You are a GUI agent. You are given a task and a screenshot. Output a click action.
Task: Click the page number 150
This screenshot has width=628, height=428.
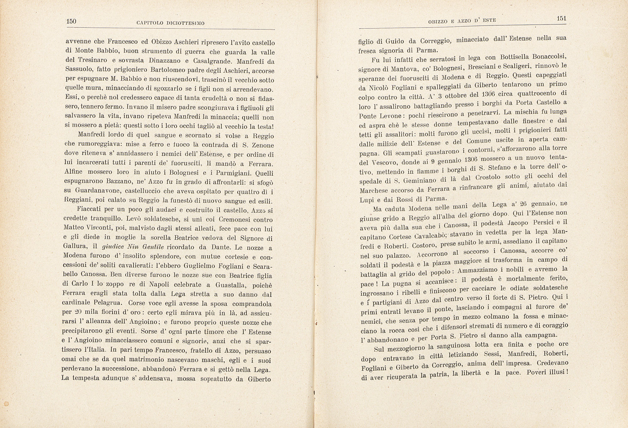tap(71, 21)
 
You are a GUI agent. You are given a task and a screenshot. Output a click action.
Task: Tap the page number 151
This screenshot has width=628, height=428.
tap(561, 19)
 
